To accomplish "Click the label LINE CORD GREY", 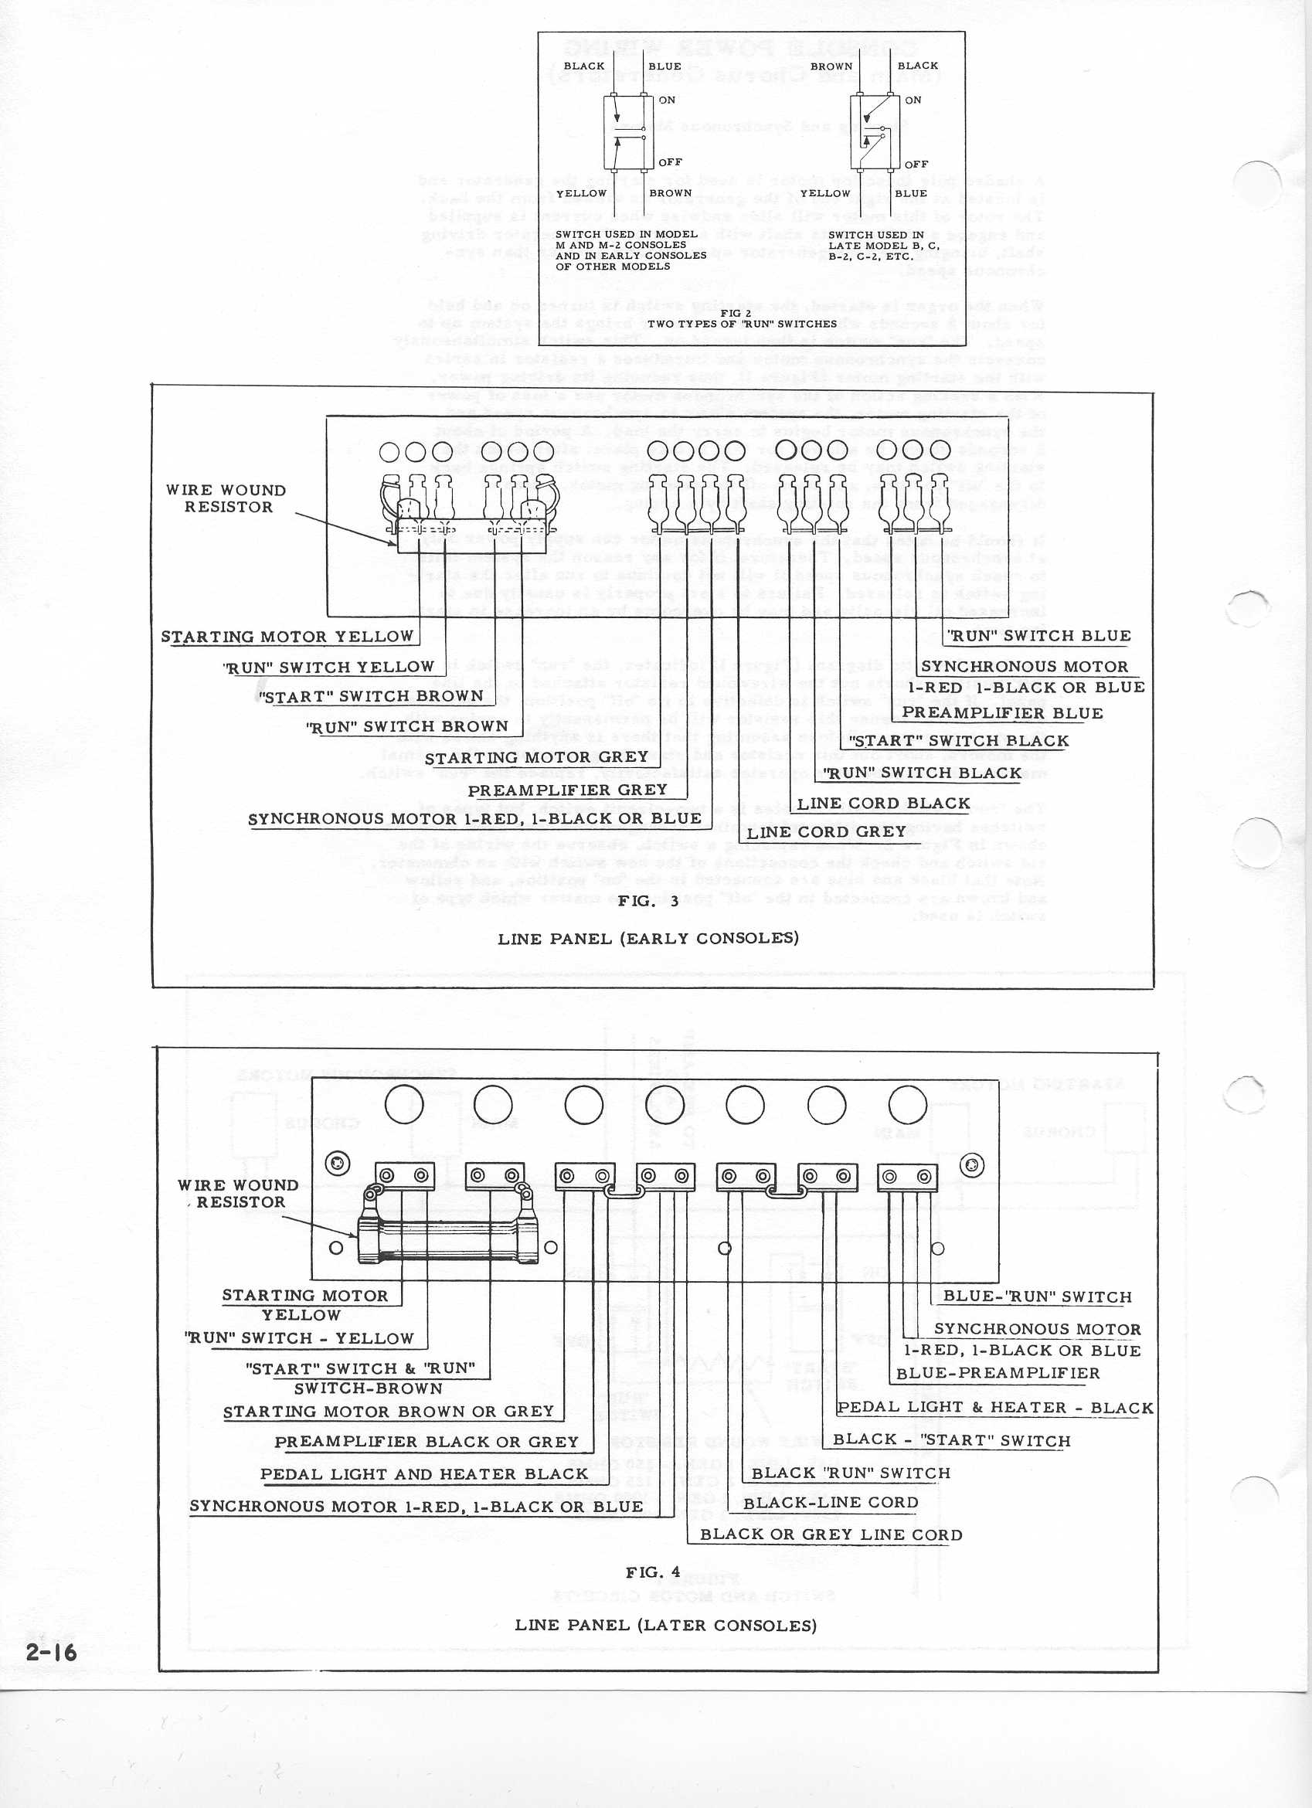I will pyautogui.click(x=826, y=831).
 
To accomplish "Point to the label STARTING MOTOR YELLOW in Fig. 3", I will pyautogui.click(x=287, y=636).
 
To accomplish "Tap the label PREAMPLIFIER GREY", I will pyautogui.click(x=566, y=789).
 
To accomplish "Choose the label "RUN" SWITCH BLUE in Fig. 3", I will pyautogui.click(x=1038, y=635).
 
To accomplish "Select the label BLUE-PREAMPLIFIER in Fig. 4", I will pyautogui.click(x=998, y=1373).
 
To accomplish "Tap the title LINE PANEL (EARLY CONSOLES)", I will pyautogui.click(x=648, y=938).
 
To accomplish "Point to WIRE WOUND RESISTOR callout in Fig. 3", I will pyautogui.click(x=226, y=498).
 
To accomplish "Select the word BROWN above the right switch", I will pyautogui.click(x=831, y=66).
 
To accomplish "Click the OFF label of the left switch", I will pyautogui.click(x=670, y=161).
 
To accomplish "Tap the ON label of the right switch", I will pyautogui.click(x=913, y=100).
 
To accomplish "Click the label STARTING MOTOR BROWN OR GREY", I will pyautogui.click(x=387, y=1412).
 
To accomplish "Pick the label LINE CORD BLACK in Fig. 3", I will pyautogui.click(x=883, y=803).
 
